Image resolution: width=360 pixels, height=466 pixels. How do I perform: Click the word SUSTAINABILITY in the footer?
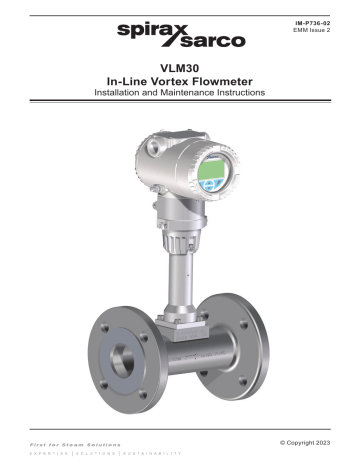[156, 452]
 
